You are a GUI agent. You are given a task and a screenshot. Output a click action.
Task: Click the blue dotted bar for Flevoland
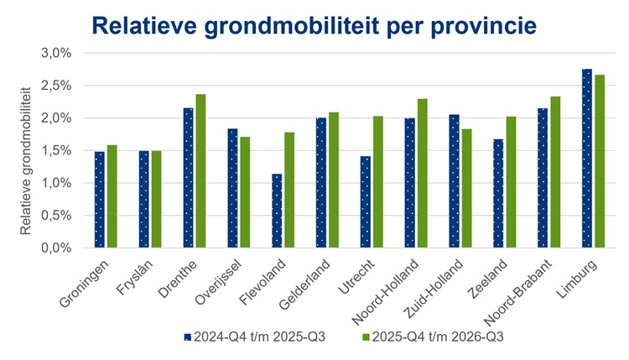pos(277,211)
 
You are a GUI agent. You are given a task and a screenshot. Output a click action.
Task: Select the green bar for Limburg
pos(600,161)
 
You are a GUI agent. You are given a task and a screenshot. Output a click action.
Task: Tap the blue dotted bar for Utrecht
pos(366,202)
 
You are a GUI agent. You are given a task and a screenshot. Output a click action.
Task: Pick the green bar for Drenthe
pos(200,171)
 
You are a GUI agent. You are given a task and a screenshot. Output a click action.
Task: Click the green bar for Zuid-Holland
pos(466,188)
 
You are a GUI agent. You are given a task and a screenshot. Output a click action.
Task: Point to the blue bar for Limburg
pos(587,158)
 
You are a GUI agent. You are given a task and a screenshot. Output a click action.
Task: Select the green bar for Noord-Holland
pos(423,173)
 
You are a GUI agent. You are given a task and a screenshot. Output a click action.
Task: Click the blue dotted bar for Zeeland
pos(498,194)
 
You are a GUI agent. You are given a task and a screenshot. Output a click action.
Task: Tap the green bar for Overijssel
pos(245,192)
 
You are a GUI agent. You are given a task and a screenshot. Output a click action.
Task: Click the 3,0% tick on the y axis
pos(56,53)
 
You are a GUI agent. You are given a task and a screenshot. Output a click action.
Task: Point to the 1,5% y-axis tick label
pos(56,150)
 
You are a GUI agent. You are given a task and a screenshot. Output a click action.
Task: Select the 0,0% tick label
pos(56,248)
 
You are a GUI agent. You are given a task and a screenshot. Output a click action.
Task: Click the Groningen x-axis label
pos(84,284)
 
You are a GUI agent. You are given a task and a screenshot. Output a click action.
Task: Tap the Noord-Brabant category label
pos(518,292)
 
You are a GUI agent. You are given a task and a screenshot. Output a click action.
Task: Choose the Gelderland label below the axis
pos(304,284)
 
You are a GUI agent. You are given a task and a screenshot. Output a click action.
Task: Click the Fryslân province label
pos(134,278)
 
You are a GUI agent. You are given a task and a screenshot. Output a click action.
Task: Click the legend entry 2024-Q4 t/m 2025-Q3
pos(255,337)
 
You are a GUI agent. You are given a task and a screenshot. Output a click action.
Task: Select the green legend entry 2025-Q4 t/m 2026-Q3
pos(433,337)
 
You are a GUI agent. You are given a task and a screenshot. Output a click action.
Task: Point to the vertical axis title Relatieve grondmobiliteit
pos(26,161)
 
